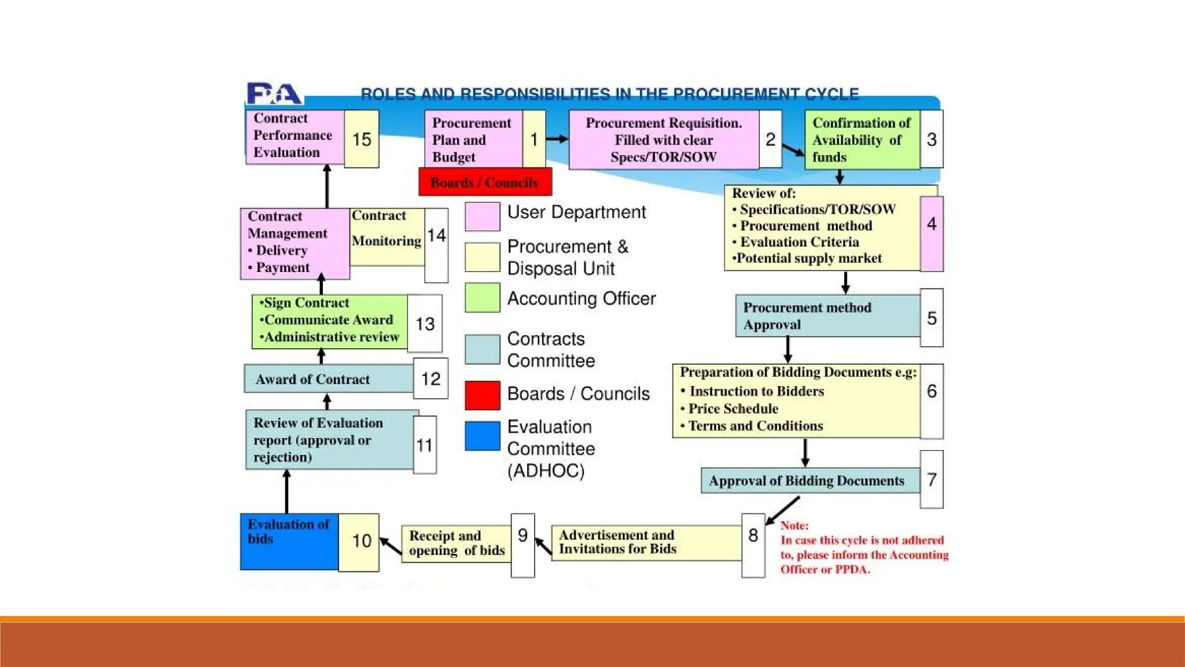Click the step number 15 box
tap(362, 139)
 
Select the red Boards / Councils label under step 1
tap(485, 182)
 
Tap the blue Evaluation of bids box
tap(289, 541)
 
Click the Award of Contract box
tap(329, 379)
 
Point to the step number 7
tap(932, 479)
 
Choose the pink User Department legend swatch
tap(483, 216)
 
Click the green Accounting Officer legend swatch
tap(483, 298)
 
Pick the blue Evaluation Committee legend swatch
tap(483, 435)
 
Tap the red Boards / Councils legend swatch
tap(483, 395)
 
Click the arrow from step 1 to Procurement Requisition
tap(557, 139)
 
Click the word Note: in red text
tap(794, 526)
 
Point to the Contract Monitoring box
tap(387, 236)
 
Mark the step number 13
tap(425, 324)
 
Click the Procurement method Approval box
tap(827, 316)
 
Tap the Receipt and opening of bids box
tap(456, 543)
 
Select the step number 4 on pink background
tap(932, 224)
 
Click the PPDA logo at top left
tap(274, 94)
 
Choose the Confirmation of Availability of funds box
tap(862, 140)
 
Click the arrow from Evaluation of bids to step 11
tap(287, 491)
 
